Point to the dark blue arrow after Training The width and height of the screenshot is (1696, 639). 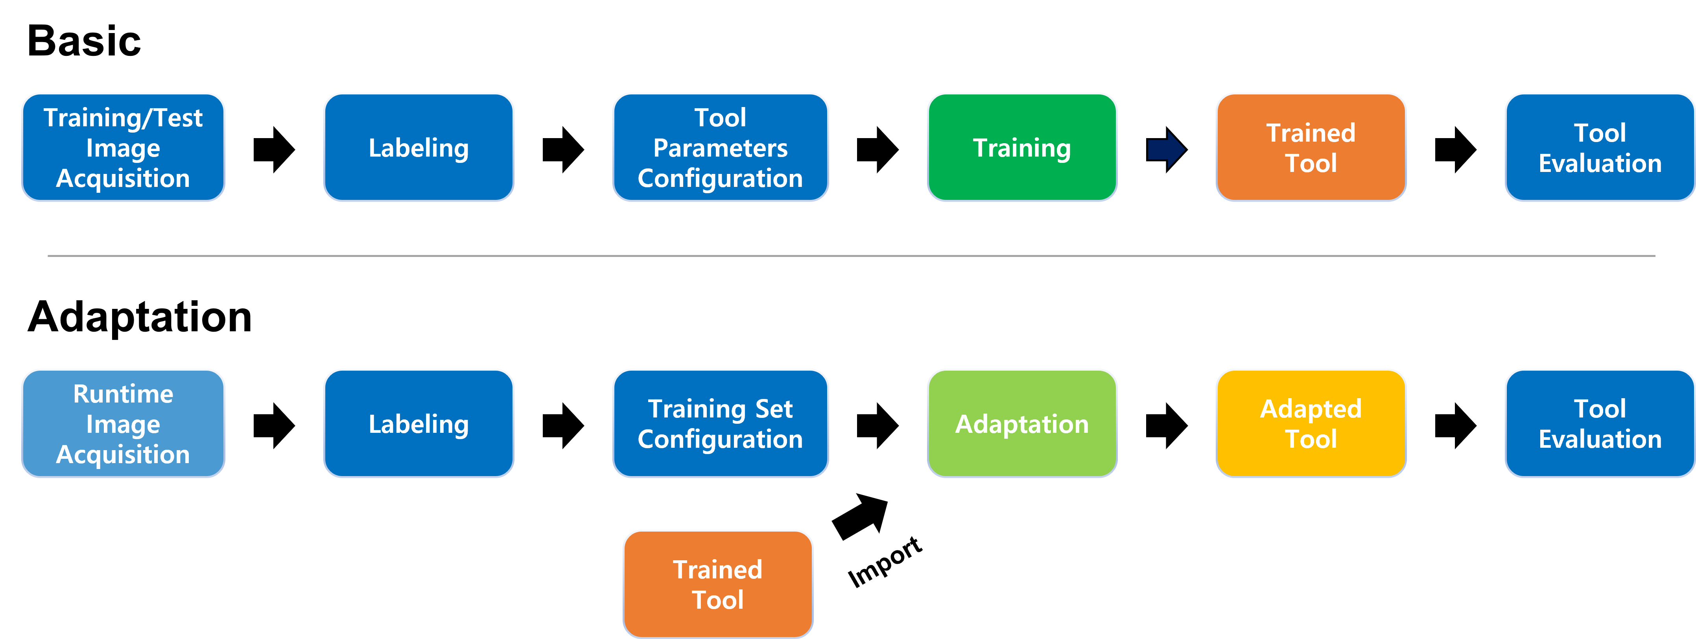[x=1166, y=150]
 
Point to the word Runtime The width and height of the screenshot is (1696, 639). [x=123, y=394]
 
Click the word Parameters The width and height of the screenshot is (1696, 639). [x=720, y=148]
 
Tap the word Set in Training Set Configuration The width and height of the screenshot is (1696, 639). [x=774, y=409]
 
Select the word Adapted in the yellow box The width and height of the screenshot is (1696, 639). [x=1311, y=409]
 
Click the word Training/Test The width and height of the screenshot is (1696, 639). [x=123, y=118]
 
